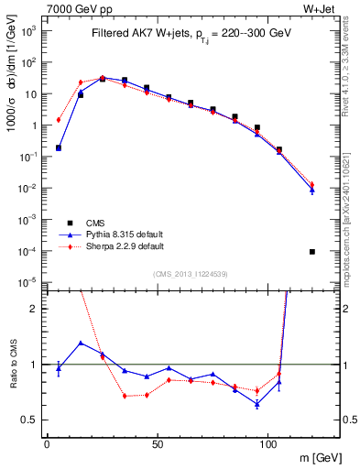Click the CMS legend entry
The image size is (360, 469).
click(x=95, y=222)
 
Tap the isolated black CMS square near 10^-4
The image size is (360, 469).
click(x=312, y=252)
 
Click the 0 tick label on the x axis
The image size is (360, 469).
click(x=47, y=442)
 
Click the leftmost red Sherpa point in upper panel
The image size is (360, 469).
click(x=59, y=119)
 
